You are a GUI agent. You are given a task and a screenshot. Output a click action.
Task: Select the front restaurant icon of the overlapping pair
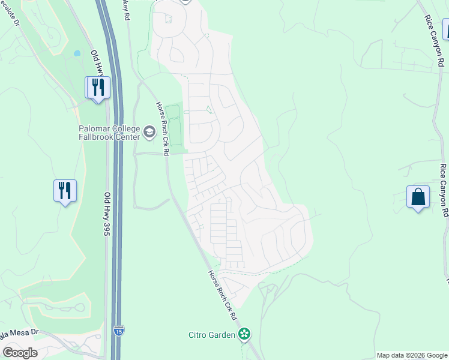[98, 87]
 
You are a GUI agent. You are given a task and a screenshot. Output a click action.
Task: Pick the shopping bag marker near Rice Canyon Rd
[418, 197]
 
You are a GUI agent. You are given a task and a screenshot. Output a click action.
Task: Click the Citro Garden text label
[212, 335]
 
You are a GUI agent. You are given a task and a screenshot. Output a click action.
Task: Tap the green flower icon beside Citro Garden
[244, 334]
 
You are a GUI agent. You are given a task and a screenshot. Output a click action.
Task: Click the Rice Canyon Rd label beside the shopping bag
[444, 190]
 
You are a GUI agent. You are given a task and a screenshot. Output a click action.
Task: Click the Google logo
[20, 353]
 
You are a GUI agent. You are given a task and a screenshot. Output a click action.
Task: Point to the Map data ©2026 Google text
[412, 355]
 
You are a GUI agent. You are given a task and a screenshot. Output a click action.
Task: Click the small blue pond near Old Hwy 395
[77, 53]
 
